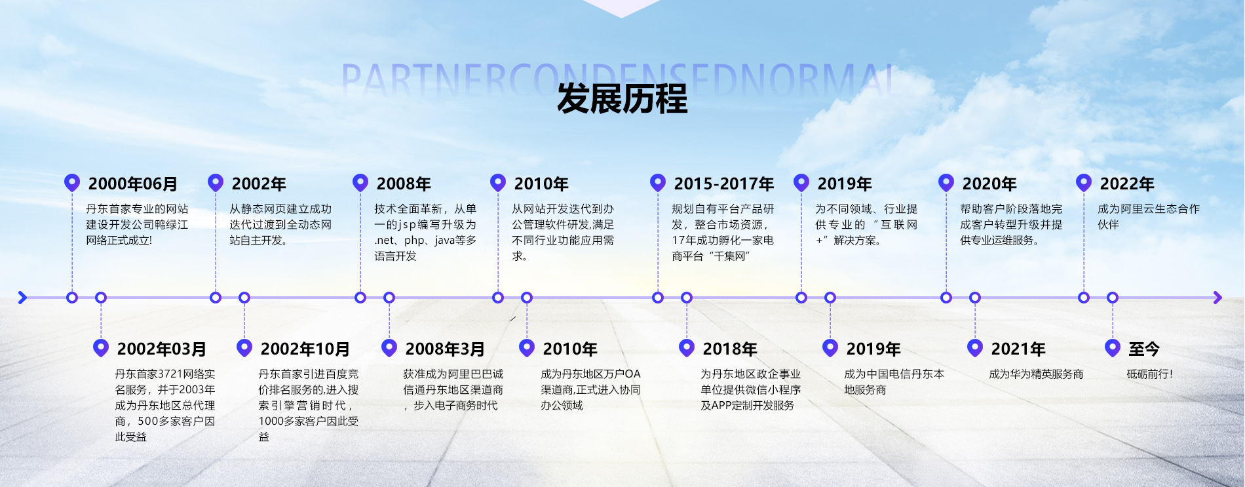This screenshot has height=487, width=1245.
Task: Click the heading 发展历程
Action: coord(622,99)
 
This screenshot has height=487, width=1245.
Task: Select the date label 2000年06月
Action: coord(133,184)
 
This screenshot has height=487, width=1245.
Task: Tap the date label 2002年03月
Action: coord(162,349)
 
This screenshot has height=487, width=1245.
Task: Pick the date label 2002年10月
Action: coord(305,349)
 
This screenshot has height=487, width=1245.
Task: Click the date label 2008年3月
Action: coord(445,349)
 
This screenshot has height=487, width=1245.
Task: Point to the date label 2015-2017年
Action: coord(724,184)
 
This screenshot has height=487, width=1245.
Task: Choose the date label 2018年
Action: coord(730,349)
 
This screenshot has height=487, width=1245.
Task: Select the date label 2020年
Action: coord(989,184)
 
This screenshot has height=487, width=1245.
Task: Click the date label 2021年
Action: coord(1018,349)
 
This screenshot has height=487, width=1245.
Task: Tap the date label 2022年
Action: coord(1127,184)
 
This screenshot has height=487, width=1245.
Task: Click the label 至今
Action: coord(1144,349)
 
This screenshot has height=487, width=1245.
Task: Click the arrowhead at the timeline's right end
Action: coord(1217,298)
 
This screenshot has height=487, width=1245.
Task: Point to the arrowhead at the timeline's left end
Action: coord(22,298)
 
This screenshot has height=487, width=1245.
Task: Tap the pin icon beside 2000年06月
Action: coord(72,182)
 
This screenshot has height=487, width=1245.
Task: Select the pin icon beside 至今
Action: coord(1113,347)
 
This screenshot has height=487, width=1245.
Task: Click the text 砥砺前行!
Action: coord(1150,374)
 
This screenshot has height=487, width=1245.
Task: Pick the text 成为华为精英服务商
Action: coord(1036,374)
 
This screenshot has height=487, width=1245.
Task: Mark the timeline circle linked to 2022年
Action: coord(1084,298)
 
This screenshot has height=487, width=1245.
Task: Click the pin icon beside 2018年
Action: coord(687,347)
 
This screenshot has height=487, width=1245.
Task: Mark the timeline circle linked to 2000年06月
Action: coord(72,298)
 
